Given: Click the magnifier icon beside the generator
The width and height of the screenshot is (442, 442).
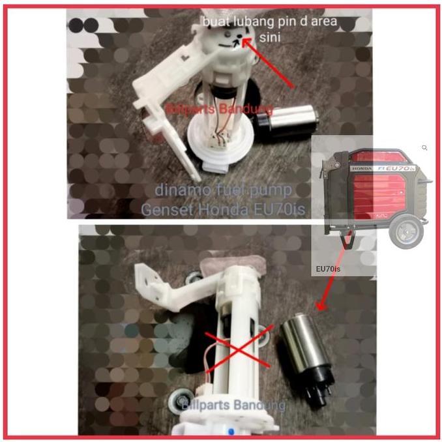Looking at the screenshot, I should coord(424,148).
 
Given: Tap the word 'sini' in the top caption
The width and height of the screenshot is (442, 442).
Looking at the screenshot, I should coord(269,38).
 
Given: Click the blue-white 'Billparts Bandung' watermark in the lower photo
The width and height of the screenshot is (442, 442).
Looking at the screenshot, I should coord(233,405).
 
